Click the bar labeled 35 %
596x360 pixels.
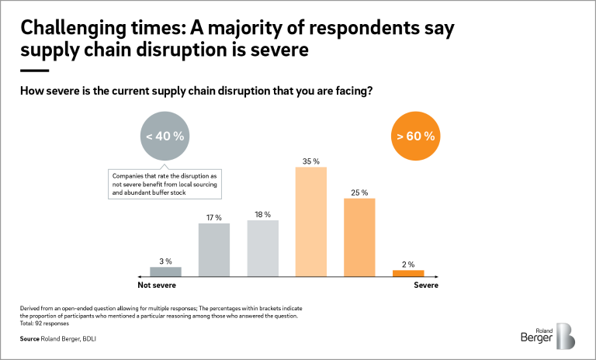click(311, 221)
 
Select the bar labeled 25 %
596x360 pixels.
click(359, 237)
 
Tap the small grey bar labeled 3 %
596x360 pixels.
click(165, 271)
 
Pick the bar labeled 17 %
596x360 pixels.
click(214, 249)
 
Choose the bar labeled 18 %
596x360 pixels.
click(262, 247)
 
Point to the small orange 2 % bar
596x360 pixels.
click(408, 272)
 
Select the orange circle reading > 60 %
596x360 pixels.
click(415, 136)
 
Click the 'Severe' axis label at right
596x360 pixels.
click(425, 286)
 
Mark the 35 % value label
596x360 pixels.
click(310, 161)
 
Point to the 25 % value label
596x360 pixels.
click(359, 192)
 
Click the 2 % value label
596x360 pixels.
click(408, 264)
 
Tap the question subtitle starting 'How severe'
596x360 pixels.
click(196, 91)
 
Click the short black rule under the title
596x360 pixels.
click(33, 71)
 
